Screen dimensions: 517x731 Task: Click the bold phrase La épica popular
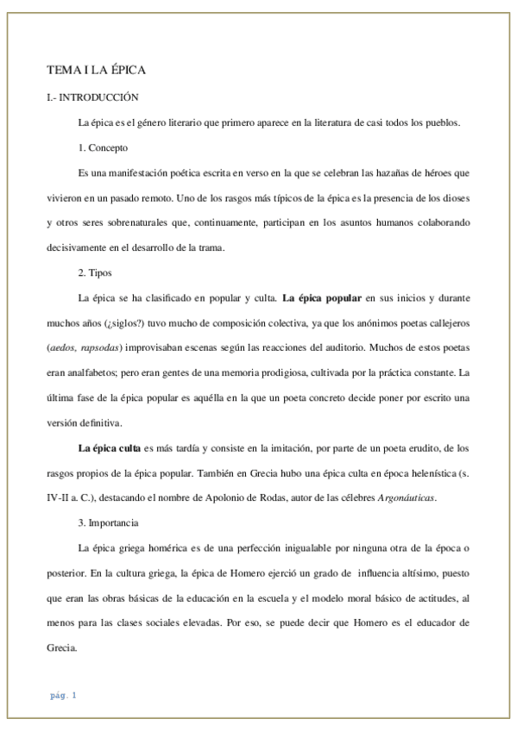click(x=322, y=298)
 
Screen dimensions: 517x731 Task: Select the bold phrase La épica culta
click(x=109, y=448)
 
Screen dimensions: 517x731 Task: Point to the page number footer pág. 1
click(x=63, y=695)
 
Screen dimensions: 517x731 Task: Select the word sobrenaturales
click(x=141, y=223)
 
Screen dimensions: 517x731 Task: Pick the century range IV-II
click(x=60, y=498)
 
